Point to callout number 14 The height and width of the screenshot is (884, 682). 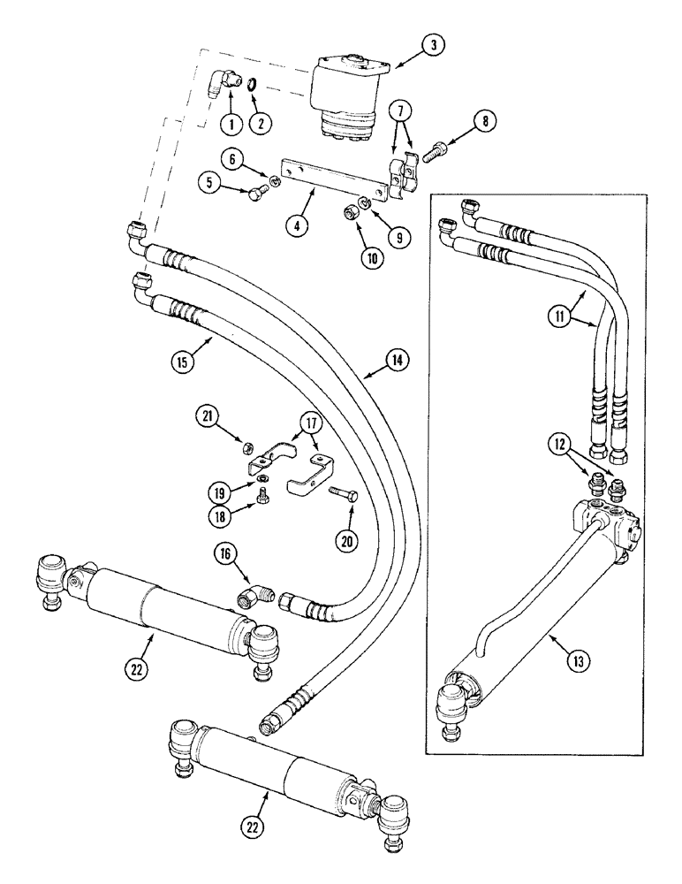[x=396, y=361]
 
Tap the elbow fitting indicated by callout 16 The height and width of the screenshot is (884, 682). [x=257, y=598]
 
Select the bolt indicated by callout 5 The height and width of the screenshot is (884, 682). [x=256, y=192]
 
